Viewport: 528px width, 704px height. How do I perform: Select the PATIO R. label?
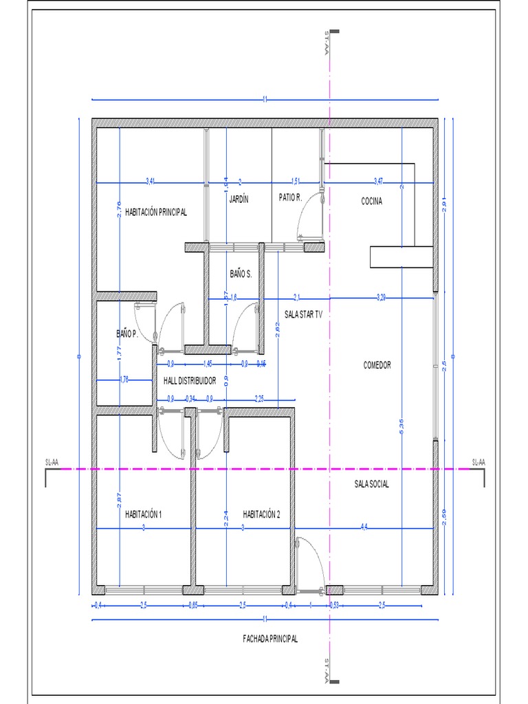point(290,197)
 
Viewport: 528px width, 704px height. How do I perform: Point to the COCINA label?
point(371,201)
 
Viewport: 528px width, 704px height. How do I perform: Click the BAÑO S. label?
point(241,274)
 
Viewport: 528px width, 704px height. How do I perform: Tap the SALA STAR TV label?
point(303,314)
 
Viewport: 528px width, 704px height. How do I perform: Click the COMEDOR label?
point(377,365)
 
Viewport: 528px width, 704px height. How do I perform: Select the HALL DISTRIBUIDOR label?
point(190,380)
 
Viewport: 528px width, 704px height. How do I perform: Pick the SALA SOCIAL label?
point(371,484)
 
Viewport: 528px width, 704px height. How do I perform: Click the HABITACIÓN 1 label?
point(143,514)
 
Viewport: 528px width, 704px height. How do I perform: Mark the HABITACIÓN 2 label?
point(261,514)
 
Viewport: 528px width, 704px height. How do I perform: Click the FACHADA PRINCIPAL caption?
point(270,639)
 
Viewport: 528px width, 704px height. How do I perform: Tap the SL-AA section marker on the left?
point(52,463)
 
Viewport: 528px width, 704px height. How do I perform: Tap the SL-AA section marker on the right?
point(478,462)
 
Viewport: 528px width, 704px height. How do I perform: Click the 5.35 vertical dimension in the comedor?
point(401,426)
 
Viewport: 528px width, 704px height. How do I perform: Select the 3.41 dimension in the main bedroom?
point(151,181)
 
